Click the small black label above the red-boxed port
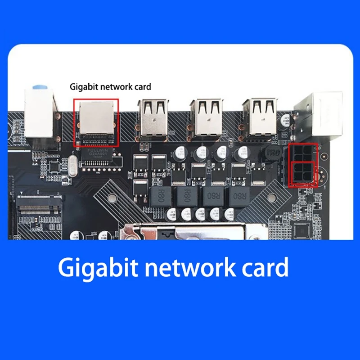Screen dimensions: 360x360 coord(110,86)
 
